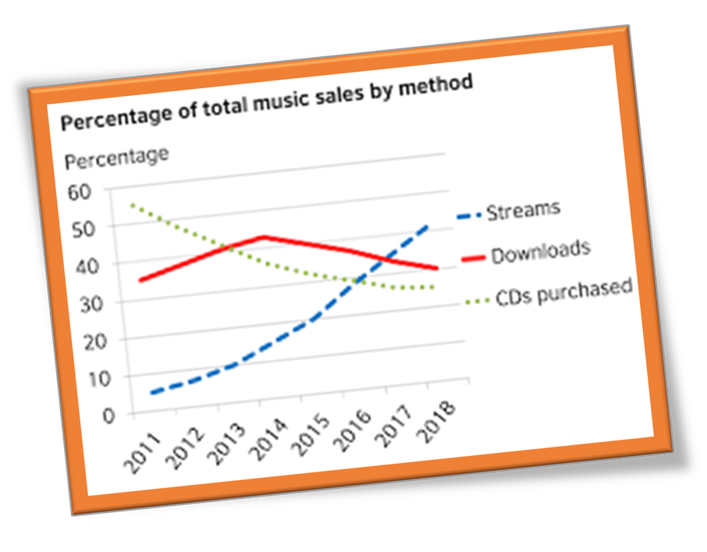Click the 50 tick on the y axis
coord(83,230)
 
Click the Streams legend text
coord(524,209)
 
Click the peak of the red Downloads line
coord(265,236)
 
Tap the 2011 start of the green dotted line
coord(133,205)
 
